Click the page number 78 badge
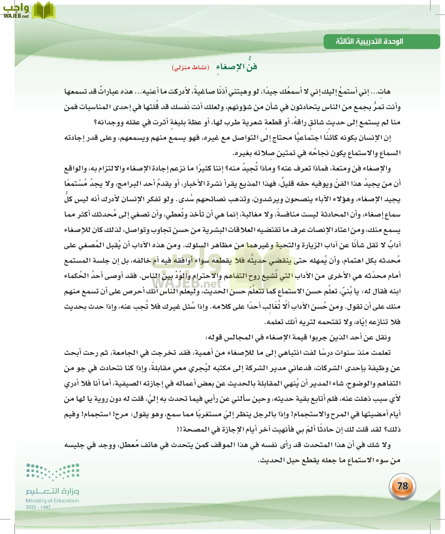tap(402, 486)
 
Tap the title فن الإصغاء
tap(236, 67)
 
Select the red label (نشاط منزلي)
tap(190, 67)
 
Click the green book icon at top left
tap(44, 10)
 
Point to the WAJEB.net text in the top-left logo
tap(16, 16)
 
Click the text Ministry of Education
tap(52, 500)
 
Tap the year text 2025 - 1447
tap(38, 507)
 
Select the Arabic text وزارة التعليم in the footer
tap(52, 491)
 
